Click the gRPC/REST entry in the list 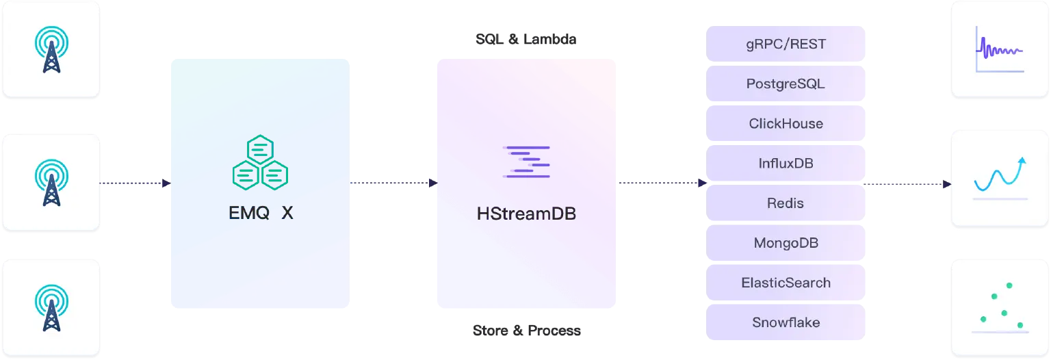786,44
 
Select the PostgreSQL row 786,84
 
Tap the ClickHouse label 786,124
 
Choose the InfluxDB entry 786,164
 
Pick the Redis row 786,203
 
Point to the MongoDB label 786,243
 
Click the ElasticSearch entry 786,283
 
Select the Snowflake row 786,322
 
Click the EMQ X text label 261,213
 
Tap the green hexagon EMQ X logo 260,162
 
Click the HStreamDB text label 526,214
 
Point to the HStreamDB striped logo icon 526,162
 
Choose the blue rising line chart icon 1000,177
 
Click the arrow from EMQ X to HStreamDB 392,183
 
